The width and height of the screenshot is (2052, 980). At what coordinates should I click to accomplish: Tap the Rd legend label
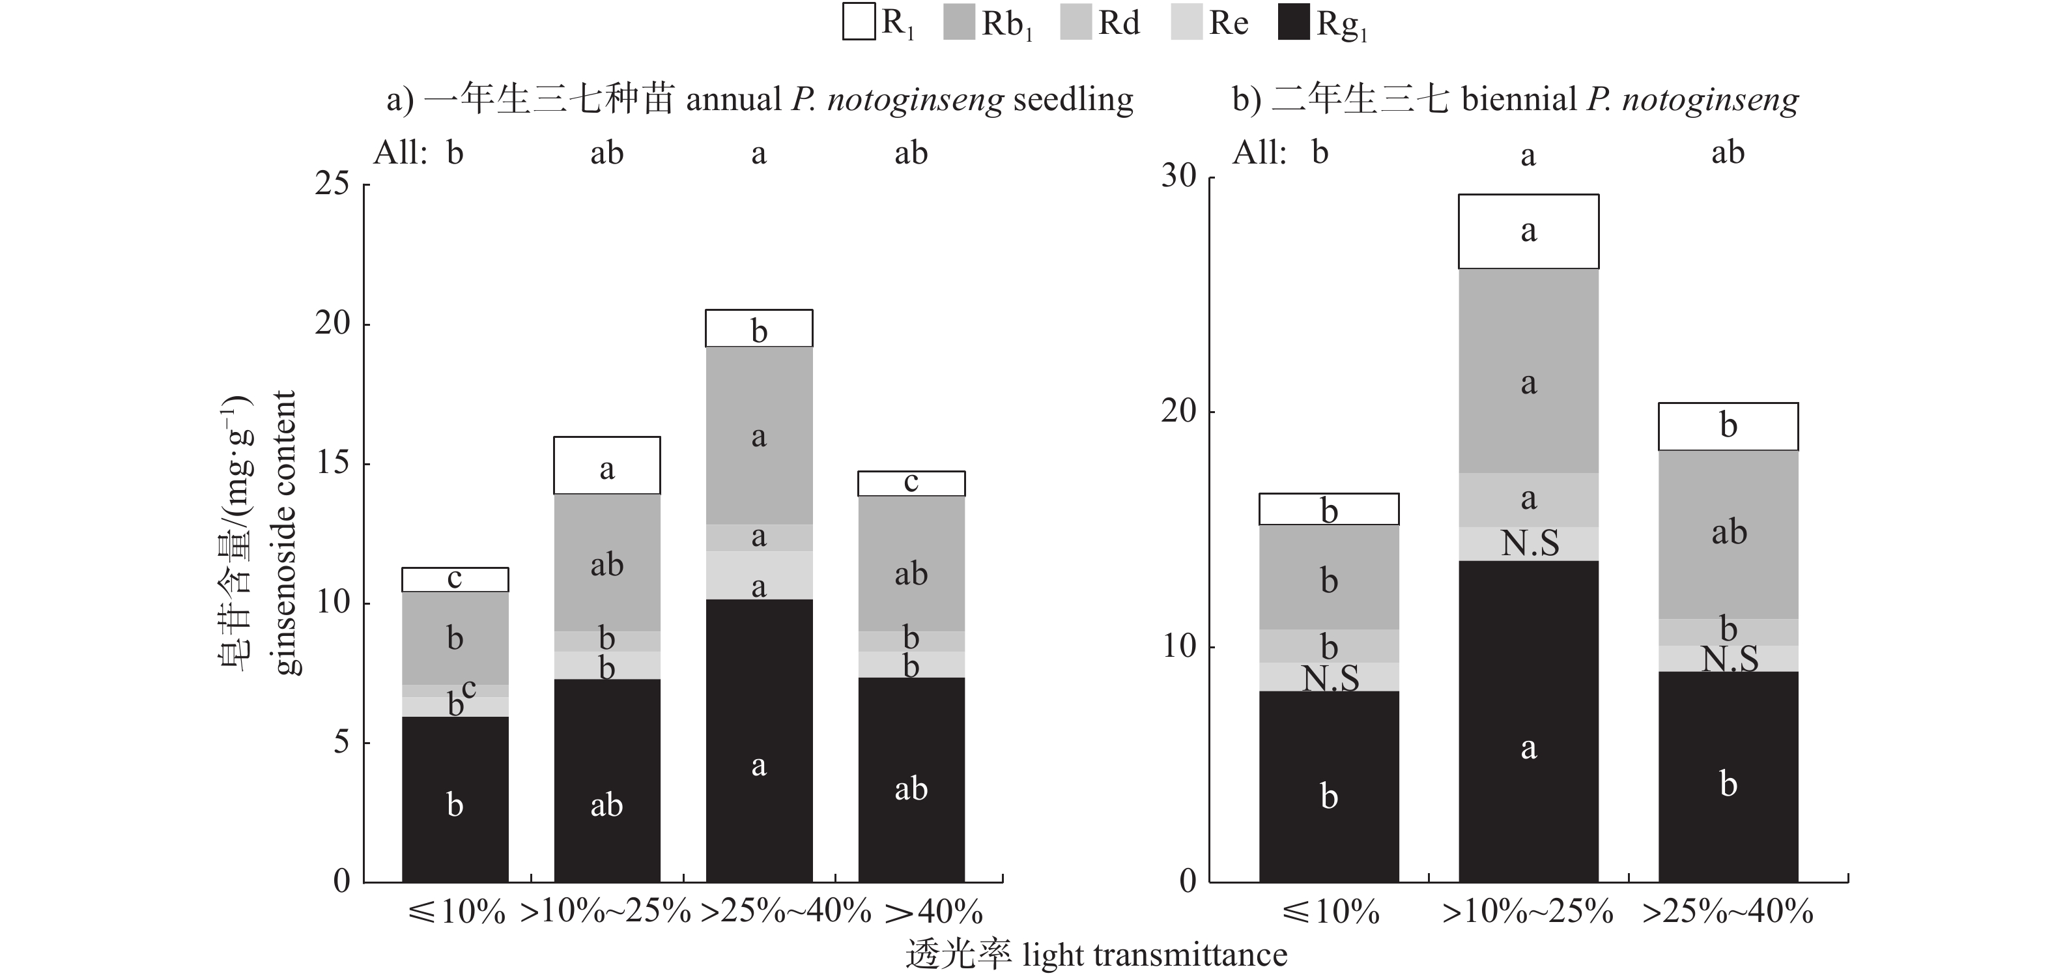1119,23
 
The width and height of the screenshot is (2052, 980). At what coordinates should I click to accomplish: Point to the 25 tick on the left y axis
332,184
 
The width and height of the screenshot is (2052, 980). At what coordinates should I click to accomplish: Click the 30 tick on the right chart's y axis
1179,176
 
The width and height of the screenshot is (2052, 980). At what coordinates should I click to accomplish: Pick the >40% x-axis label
933,912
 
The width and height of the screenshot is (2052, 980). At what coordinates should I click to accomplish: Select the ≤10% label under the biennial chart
1330,912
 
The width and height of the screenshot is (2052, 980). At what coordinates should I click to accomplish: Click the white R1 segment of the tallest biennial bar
1528,231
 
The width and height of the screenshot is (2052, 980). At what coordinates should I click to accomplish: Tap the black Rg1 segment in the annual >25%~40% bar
758,741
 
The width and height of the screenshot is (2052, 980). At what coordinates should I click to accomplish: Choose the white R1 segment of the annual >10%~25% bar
606,465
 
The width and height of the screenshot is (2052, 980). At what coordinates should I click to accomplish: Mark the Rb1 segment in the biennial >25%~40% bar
1728,534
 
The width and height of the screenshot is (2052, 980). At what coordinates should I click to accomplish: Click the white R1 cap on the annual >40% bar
911,483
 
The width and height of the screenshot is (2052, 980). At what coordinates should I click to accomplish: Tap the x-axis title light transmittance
1154,955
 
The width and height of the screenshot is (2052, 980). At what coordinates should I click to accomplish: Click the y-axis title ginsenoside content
285,532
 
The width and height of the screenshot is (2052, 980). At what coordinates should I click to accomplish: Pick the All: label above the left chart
401,152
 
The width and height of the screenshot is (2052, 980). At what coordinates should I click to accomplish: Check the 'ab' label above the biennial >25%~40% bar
1728,152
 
